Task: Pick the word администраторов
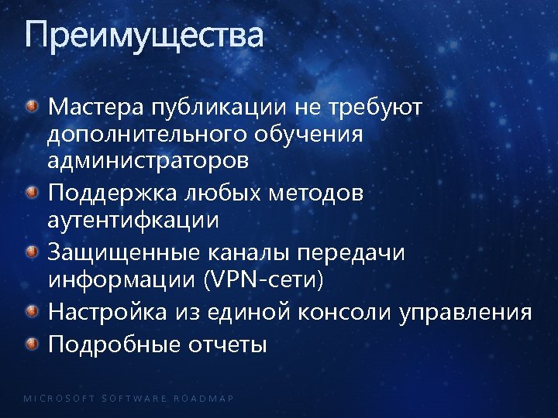148,161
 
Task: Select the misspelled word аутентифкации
133,220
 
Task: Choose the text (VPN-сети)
263,279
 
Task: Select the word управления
466,313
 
